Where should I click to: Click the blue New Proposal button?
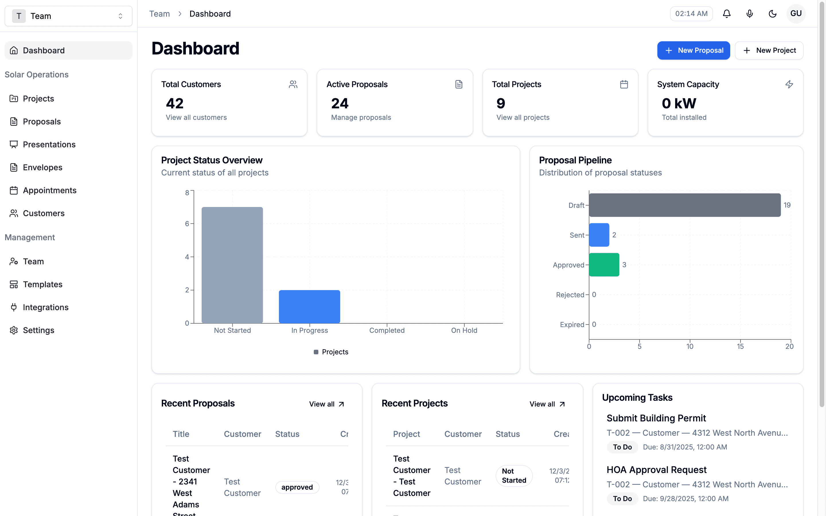click(693, 50)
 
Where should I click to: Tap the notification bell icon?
click(727, 14)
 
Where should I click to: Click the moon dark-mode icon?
click(772, 14)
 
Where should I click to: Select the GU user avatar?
click(796, 14)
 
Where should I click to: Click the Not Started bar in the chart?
click(232, 265)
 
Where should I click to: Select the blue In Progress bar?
click(309, 306)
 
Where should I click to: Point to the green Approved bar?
click(604, 265)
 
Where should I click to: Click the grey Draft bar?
click(684, 205)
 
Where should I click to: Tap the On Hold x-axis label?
click(464, 330)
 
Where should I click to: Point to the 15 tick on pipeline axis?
click(740, 346)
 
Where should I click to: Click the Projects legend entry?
click(331, 352)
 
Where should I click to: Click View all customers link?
click(196, 118)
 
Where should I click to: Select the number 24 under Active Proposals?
click(340, 103)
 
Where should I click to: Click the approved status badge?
click(297, 487)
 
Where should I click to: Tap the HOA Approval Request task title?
click(656, 470)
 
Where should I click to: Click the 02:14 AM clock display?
click(691, 14)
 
